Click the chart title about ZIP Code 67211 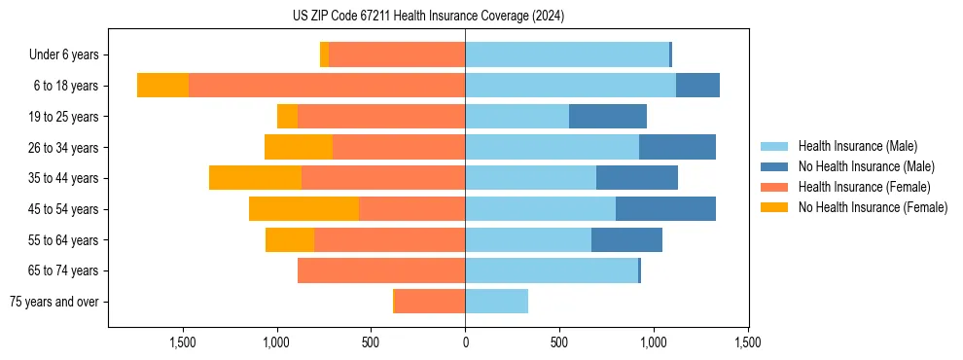click(x=428, y=17)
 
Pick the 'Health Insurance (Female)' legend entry click(x=864, y=187)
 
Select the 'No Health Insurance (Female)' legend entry click(x=873, y=207)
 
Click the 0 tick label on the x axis click(x=465, y=342)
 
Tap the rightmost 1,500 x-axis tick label click(x=747, y=342)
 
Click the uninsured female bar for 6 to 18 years click(x=162, y=86)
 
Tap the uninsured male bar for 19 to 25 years click(x=608, y=117)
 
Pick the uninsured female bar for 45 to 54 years click(x=303, y=209)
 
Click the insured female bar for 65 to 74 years click(x=381, y=270)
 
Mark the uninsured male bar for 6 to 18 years click(x=697, y=86)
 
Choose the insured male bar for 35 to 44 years click(x=530, y=178)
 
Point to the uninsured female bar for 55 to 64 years click(x=290, y=240)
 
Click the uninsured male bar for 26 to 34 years click(x=677, y=147)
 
